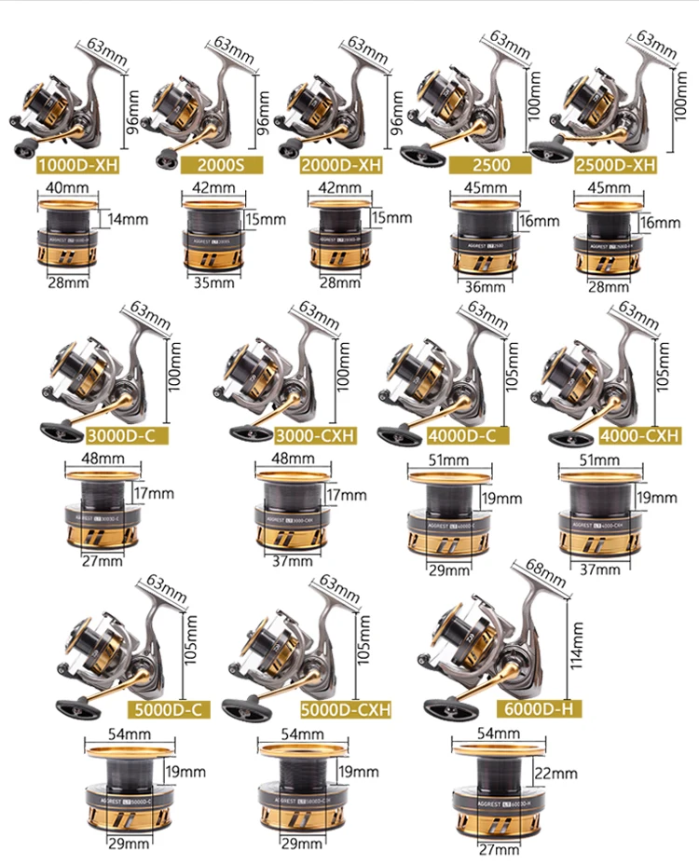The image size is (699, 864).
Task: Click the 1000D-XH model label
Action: (79, 167)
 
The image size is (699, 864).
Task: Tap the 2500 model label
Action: (489, 167)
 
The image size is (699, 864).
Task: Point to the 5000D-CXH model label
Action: (346, 709)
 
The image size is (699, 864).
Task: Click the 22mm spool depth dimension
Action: (555, 773)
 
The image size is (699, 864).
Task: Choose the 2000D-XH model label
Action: (341, 167)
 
